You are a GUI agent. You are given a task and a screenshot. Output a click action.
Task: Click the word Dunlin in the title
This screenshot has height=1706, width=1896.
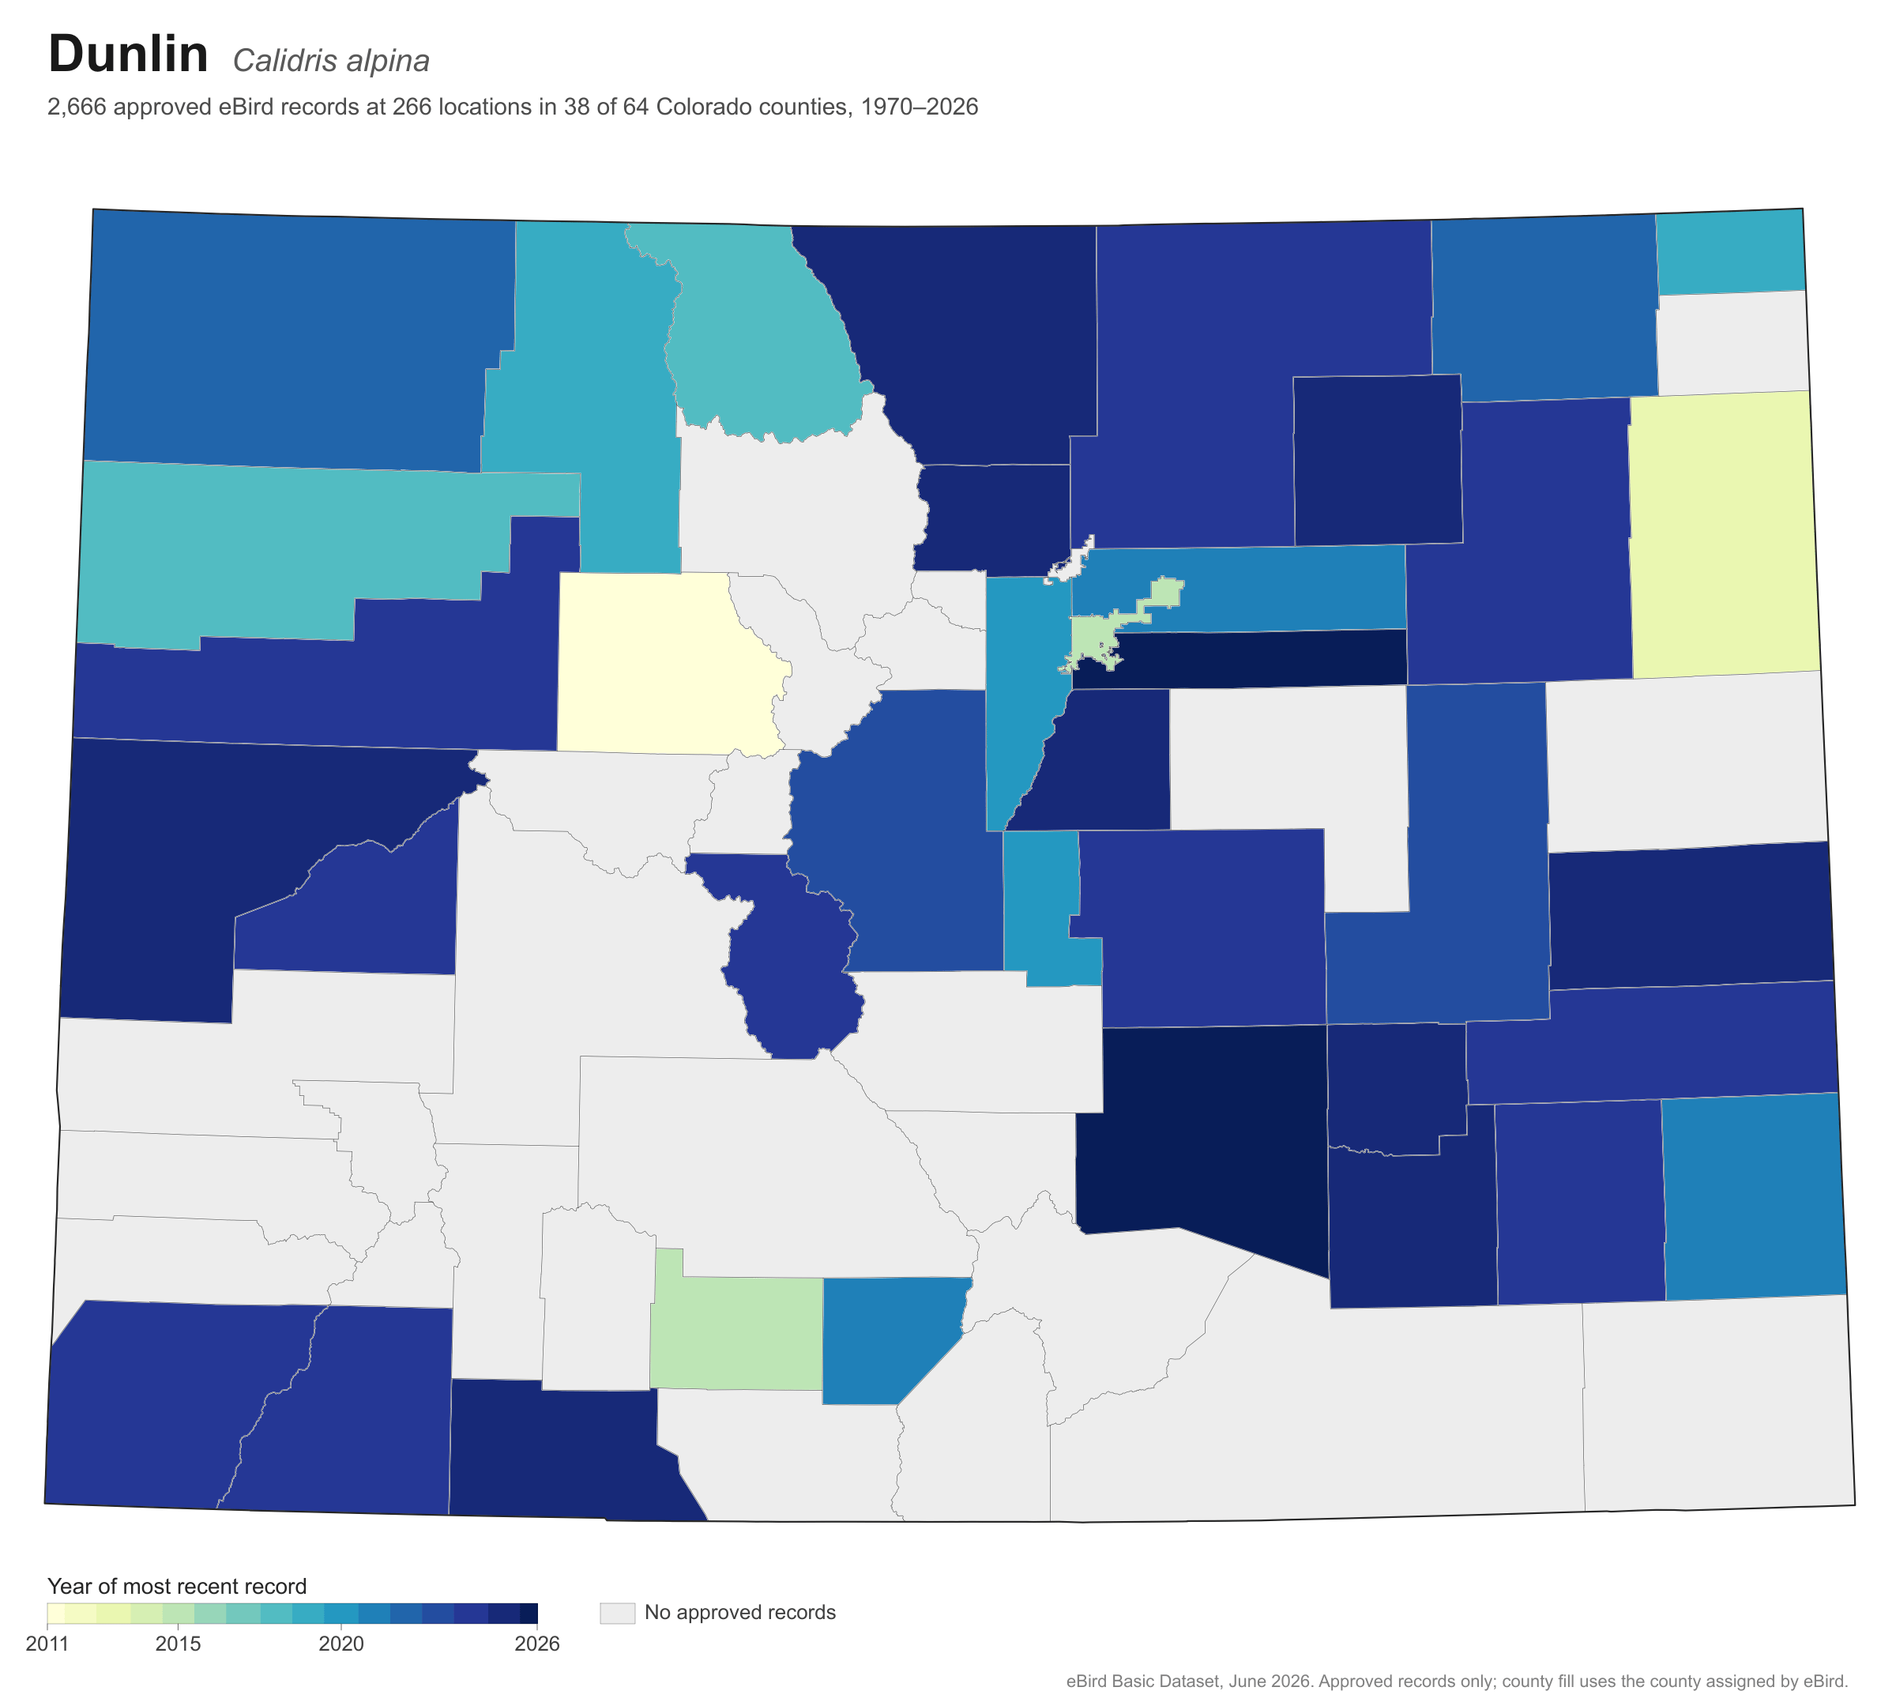129,54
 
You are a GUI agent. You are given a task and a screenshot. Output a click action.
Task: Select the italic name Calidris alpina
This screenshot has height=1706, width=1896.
331,61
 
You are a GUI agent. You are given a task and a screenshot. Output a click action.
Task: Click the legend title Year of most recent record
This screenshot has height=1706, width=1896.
177,1586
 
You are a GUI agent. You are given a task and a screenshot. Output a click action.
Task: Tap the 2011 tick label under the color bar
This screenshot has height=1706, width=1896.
48,1644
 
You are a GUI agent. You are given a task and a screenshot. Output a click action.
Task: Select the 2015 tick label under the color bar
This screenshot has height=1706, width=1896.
178,1644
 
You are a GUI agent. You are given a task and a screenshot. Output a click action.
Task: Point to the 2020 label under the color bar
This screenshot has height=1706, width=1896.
341,1644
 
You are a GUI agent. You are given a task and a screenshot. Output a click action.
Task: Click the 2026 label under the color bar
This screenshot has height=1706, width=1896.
537,1644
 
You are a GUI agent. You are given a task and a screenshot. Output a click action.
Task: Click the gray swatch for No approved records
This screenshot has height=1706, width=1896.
618,1612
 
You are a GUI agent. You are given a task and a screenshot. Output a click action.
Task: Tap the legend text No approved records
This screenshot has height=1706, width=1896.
740,1612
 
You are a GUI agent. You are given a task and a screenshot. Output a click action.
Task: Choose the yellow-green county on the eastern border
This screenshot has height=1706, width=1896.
1723,534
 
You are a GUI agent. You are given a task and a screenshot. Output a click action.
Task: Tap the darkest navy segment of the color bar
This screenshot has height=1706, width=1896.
529,1612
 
